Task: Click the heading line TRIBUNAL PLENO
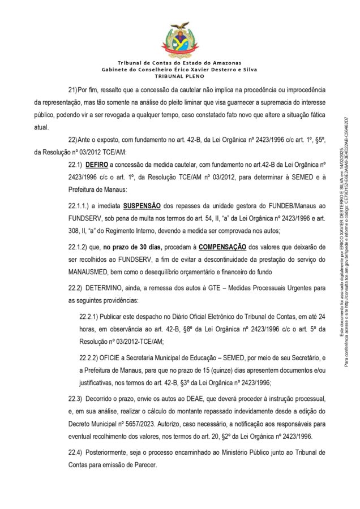pos(179,75)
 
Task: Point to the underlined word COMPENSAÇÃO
pos(222,247)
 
